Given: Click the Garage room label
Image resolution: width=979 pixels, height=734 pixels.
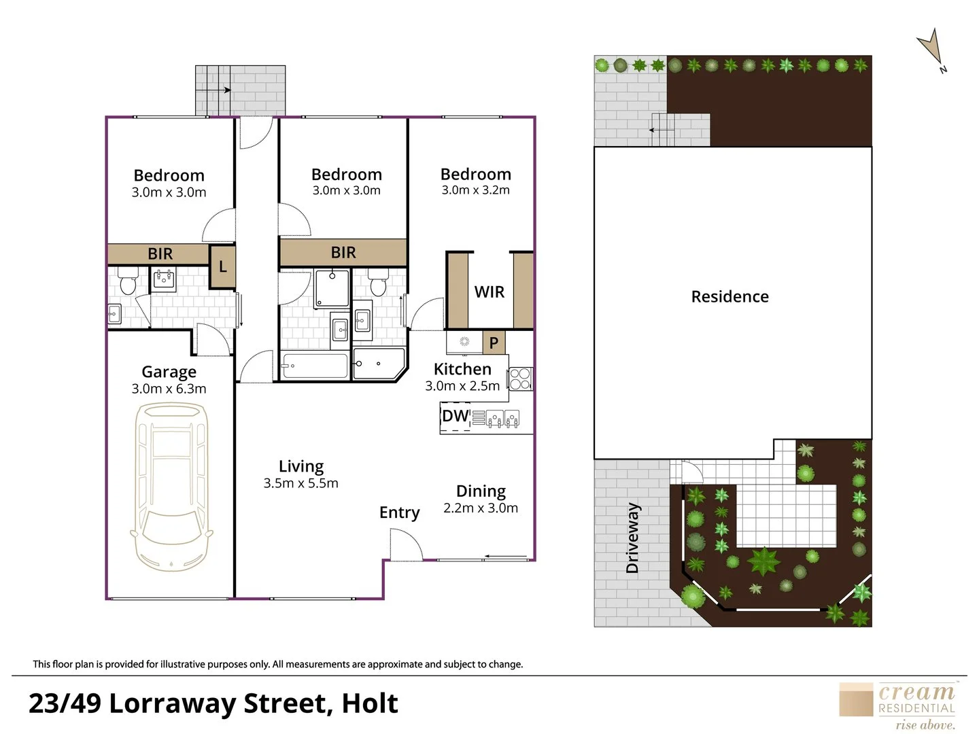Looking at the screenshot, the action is (169, 372).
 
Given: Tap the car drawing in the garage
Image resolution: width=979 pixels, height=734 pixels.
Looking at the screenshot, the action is (171, 487).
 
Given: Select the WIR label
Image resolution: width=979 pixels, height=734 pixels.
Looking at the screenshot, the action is (489, 292).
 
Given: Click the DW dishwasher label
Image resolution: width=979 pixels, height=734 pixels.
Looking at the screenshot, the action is (455, 416).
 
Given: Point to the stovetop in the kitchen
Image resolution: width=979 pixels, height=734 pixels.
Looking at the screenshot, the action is (521, 379).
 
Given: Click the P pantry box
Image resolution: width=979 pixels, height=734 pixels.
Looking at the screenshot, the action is (494, 343).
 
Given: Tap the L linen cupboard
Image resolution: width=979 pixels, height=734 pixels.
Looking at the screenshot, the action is (222, 266).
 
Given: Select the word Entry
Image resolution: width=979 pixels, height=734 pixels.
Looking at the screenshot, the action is (399, 512).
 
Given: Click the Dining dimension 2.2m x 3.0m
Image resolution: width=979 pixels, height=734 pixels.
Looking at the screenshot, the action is (481, 508).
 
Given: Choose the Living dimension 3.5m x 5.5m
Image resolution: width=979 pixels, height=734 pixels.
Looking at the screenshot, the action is (300, 483).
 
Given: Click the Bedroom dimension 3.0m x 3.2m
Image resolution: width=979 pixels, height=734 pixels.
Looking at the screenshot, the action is (475, 190).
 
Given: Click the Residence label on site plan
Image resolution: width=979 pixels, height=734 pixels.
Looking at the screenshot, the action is (729, 297).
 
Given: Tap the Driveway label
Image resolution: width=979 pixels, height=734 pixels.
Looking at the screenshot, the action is (632, 538).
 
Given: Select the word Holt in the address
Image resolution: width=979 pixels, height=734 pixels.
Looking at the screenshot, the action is (370, 703).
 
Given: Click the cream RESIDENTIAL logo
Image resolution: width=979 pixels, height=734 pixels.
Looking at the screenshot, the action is (898, 706).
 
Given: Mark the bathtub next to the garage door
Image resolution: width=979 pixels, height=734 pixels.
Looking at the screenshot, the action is (315, 366).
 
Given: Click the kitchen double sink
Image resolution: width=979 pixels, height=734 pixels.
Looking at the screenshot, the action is (502, 419).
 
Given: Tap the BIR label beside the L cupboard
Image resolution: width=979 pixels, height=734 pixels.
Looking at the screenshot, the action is (160, 254).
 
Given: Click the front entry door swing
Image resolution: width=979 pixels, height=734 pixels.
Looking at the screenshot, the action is (407, 544).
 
